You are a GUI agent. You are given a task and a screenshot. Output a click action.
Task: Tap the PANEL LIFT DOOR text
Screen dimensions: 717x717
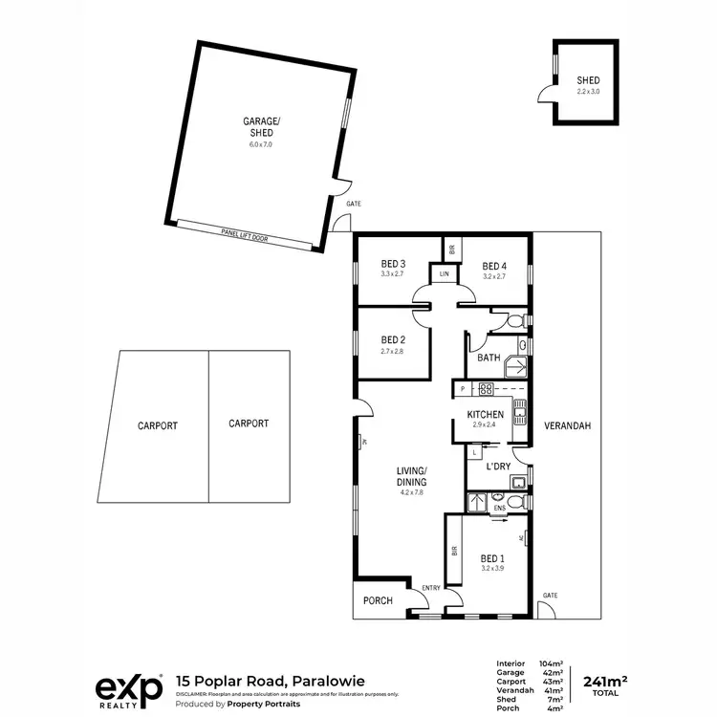[243, 231]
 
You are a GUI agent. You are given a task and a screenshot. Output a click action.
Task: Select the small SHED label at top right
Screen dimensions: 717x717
[587, 80]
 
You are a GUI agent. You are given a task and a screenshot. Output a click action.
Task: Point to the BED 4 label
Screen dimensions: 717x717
[493, 266]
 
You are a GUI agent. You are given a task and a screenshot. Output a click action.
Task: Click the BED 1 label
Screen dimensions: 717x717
[493, 558]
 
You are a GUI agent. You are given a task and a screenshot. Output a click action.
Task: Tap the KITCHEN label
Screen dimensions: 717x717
[485, 414]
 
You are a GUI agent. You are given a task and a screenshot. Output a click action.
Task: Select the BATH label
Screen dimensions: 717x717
[489, 358]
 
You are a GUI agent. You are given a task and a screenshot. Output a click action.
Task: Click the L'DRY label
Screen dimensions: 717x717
[498, 467]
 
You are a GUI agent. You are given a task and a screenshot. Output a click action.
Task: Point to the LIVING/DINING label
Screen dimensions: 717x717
[412, 475]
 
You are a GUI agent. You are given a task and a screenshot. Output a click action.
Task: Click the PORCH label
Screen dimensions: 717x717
[379, 601]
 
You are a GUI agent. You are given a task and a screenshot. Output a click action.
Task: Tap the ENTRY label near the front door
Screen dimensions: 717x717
[431, 588]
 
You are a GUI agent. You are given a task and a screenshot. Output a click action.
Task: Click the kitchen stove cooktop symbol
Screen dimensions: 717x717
[486, 389]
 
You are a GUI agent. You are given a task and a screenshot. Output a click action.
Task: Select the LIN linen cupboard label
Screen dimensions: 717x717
[444, 274]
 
